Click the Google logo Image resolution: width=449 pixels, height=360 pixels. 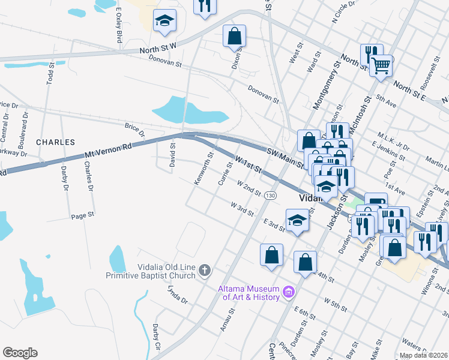pos(20,353)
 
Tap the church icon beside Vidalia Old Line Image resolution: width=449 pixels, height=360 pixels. pos(205,271)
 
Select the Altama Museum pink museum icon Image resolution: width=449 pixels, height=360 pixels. pos(289,293)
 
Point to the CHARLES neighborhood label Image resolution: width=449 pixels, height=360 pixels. pos(55,142)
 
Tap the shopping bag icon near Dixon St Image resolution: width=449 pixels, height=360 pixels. pos(234,35)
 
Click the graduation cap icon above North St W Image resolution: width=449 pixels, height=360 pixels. pos(164,22)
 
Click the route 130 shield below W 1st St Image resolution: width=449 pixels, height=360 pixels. pos(271,196)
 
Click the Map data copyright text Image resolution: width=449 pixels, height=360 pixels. pos(423,355)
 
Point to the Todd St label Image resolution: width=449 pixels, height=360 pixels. pos(50,71)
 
